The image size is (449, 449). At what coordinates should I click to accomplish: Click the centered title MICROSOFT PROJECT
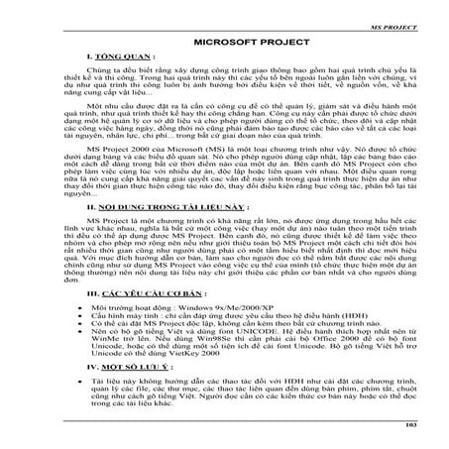[225, 44]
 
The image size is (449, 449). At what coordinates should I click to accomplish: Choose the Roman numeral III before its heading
[92, 320]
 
